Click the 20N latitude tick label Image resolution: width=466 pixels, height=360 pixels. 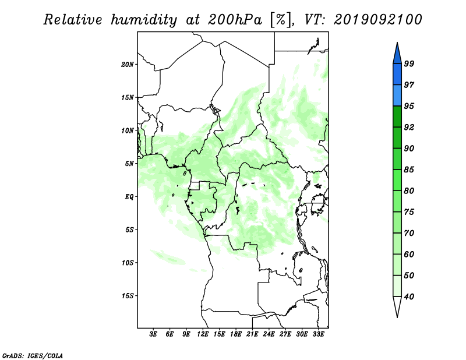pyautogui.click(x=128, y=65)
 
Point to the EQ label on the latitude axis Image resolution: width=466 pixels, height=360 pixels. pyautogui.click(x=129, y=197)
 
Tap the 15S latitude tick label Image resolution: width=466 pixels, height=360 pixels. pyautogui.click(x=128, y=296)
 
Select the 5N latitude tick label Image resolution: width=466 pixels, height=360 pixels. pyautogui.click(x=129, y=164)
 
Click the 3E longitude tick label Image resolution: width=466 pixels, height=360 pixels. pyautogui.click(x=153, y=334)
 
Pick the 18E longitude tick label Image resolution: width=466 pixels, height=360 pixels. pyautogui.click(x=236, y=334)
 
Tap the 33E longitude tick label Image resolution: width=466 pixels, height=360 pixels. pyautogui.click(x=318, y=334)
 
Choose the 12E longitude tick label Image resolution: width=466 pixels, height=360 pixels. pyautogui.click(x=203, y=334)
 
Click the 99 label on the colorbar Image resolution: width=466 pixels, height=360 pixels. pyautogui.click(x=409, y=63)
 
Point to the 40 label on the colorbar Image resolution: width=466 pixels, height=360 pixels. pyautogui.click(x=409, y=297)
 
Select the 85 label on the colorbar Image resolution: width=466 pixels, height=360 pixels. pyautogui.click(x=409, y=170)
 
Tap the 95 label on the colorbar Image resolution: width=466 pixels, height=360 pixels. pyautogui.click(x=409, y=106)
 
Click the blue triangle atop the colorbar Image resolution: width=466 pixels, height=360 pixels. pyautogui.click(x=397, y=55)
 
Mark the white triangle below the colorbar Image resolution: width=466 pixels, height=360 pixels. pyautogui.click(x=397, y=305)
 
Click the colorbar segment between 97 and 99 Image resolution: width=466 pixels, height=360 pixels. pyautogui.click(x=397, y=75)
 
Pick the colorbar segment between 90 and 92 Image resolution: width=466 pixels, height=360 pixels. pyautogui.click(x=397, y=138)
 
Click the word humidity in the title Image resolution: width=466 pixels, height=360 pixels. pyautogui.click(x=144, y=20)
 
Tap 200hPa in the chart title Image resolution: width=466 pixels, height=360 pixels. pyautogui.click(x=235, y=20)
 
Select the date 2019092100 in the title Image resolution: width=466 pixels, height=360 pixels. pyautogui.click(x=377, y=20)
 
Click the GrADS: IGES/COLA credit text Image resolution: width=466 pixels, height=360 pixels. pyautogui.click(x=33, y=356)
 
